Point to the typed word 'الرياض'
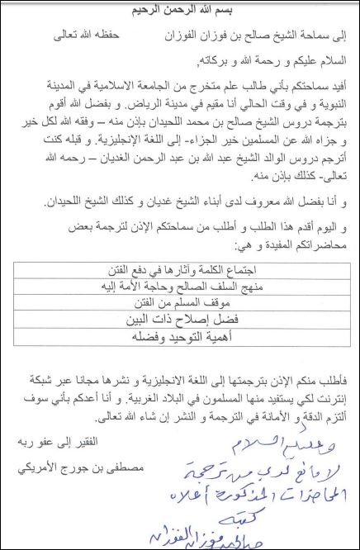click(x=123, y=107)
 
